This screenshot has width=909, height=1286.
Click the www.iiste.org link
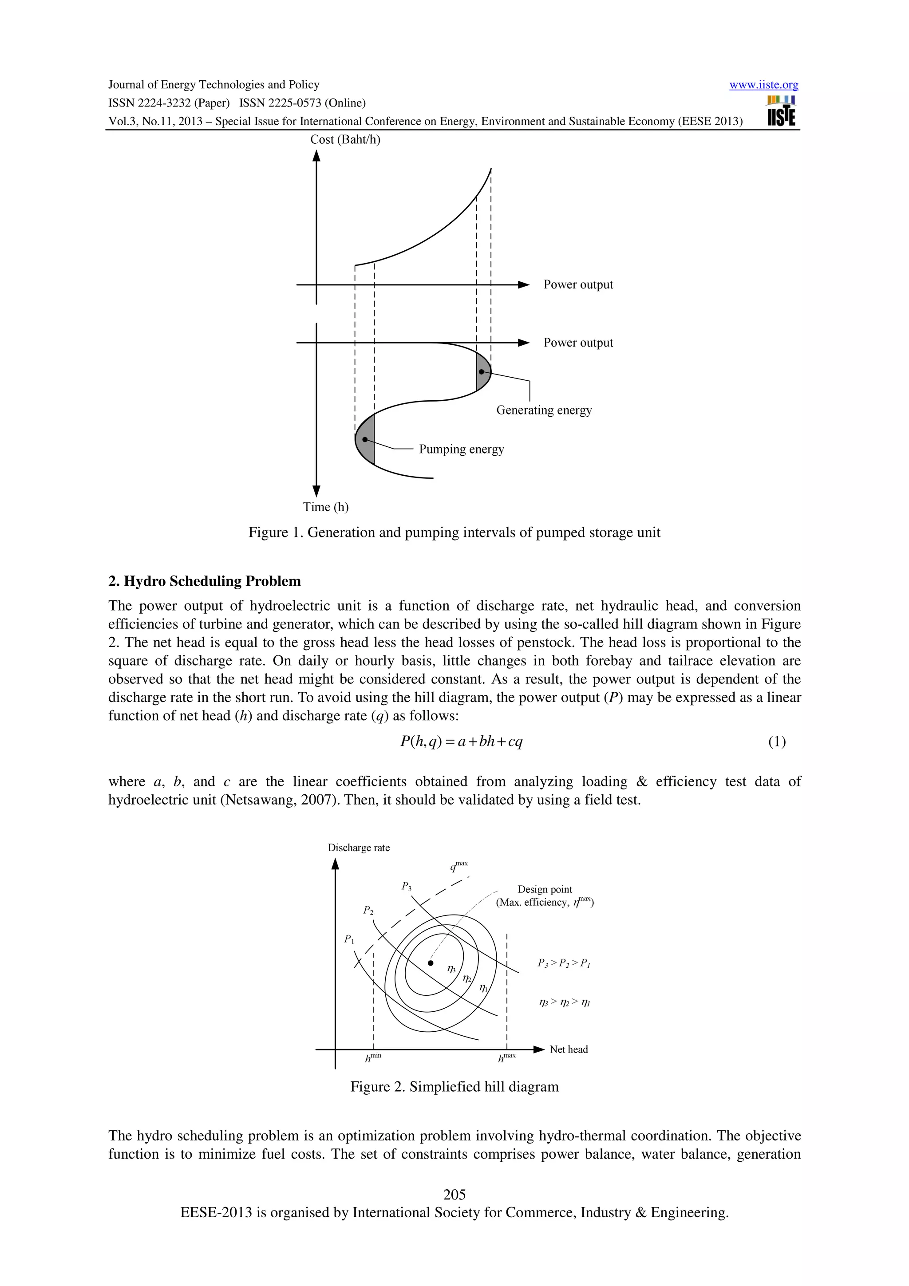coord(763,85)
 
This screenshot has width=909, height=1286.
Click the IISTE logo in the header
coord(781,111)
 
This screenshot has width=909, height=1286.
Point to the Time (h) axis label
coord(325,507)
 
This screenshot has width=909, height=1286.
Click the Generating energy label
coord(543,410)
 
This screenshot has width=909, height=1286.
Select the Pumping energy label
coord(461,449)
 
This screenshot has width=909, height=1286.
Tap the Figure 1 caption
coord(454,532)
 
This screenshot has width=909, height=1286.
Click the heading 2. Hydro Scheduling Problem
coord(205,581)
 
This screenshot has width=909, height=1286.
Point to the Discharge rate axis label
coord(359,848)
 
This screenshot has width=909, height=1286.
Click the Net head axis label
coord(569,1049)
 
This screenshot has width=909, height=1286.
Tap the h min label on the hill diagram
coord(372,1057)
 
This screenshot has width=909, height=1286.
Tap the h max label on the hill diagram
coord(506,1057)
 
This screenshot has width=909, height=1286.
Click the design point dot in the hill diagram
coord(430,963)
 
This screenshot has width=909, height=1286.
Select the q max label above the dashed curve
coord(458,867)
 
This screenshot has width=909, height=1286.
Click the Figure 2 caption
coord(454,1087)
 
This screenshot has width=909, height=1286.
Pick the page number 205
coord(454,1194)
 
